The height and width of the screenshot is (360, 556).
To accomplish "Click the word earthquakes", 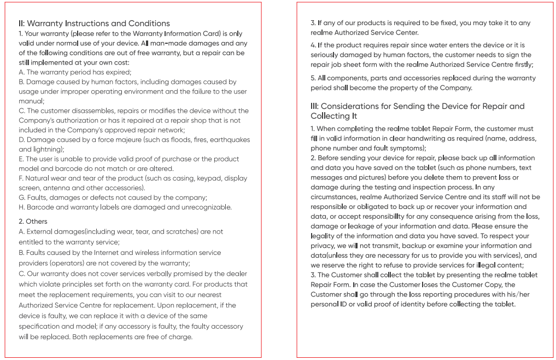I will (230, 140).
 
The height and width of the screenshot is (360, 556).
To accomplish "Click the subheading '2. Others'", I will (33, 222).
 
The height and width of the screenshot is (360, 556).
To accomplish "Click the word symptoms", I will (407, 148).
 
